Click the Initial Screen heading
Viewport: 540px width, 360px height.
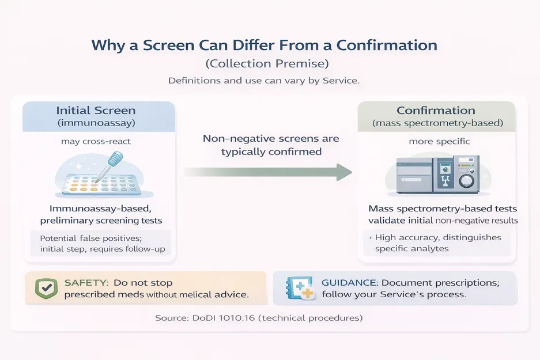point(96,110)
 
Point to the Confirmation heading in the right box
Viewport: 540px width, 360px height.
point(436,110)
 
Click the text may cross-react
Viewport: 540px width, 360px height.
point(96,141)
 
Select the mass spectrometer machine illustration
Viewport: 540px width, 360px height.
point(436,173)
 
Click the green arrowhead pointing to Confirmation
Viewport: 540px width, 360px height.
point(343,171)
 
